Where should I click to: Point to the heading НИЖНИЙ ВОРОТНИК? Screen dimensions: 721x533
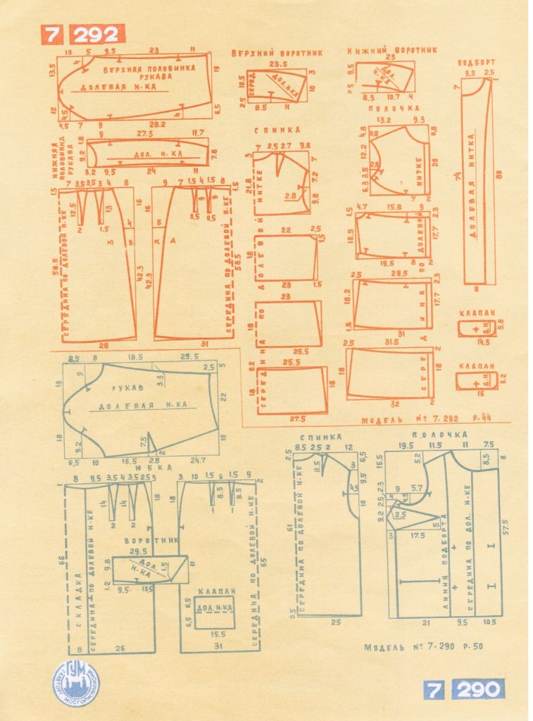[391, 51]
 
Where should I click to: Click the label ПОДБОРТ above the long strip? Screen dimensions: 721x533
[477, 62]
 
